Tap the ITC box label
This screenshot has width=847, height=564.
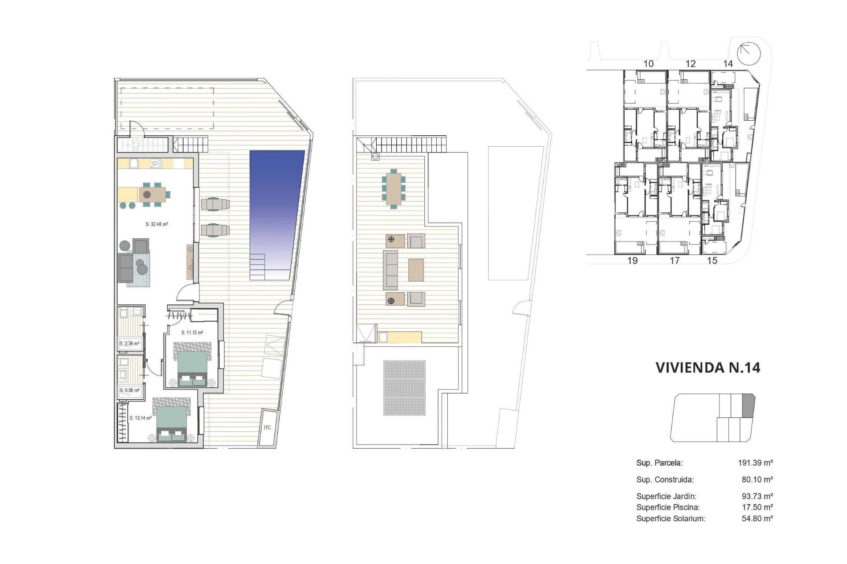[267, 427]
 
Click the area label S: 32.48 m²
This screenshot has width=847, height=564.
[157, 224]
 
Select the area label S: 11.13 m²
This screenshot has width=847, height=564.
[192, 333]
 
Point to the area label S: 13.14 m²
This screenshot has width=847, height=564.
[141, 418]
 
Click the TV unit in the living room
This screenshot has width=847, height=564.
[190, 262]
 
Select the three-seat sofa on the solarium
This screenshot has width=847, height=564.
[390, 270]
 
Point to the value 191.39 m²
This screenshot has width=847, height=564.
[755, 463]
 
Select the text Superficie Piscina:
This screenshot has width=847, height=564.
[668, 507]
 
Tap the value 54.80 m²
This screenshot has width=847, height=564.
[757, 519]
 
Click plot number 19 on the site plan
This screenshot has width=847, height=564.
[632, 261]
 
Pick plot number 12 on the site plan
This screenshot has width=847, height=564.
[690, 64]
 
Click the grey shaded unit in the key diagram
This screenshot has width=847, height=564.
[749, 406]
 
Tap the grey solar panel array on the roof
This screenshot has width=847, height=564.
[405, 388]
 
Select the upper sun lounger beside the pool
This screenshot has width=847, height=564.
[215, 204]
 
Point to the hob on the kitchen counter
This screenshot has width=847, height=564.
[156, 163]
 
